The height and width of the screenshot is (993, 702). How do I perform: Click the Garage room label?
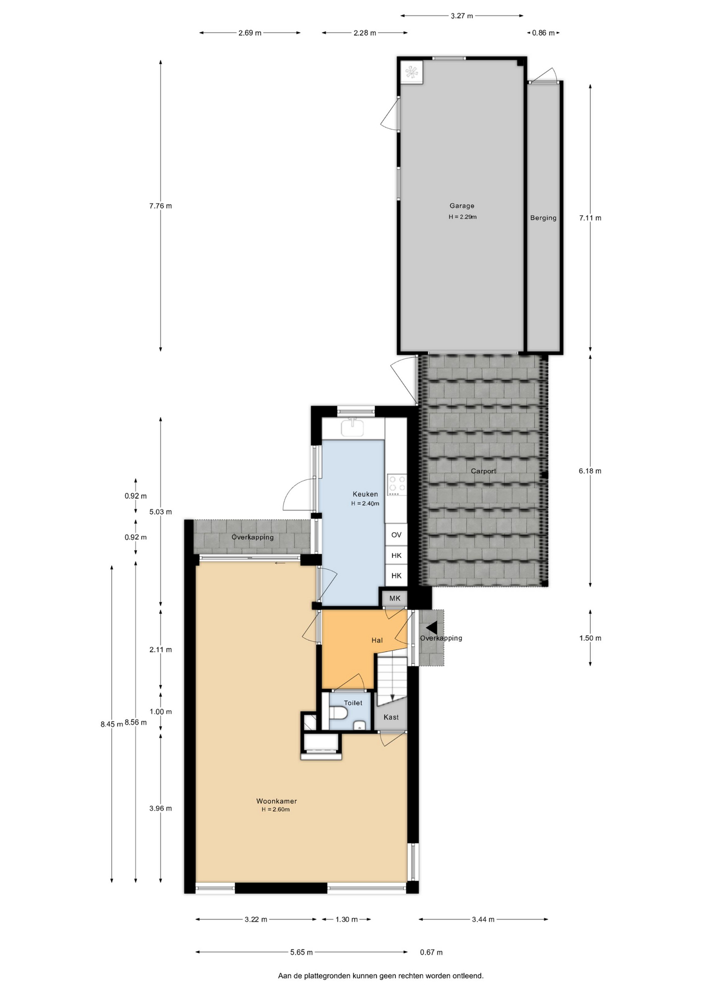(462, 206)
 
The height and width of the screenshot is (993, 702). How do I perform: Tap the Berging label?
(543, 218)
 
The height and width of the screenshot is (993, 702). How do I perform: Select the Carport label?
(483, 471)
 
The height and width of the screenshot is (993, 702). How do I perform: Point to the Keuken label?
(365, 494)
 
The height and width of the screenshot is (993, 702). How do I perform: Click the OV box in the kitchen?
(396, 535)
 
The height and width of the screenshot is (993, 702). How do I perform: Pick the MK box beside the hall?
(394, 598)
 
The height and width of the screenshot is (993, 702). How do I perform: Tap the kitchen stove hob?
(397, 485)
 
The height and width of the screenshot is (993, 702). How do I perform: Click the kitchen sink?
(353, 428)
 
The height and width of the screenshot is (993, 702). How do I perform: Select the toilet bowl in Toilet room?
(338, 713)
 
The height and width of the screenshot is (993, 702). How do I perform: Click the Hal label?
(377, 640)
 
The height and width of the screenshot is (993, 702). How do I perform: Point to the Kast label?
(391, 717)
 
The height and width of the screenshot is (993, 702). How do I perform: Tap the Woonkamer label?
(277, 801)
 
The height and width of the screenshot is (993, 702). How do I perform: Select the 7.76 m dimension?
(161, 206)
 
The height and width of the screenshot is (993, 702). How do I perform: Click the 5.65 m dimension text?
(301, 952)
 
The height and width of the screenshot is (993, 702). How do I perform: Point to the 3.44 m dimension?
(483, 919)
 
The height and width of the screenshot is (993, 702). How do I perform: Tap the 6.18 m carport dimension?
(590, 471)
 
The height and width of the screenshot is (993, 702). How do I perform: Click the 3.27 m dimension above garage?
(462, 16)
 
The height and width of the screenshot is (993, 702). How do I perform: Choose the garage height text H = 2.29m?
(463, 217)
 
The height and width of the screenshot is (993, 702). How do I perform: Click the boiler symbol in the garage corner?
(412, 72)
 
